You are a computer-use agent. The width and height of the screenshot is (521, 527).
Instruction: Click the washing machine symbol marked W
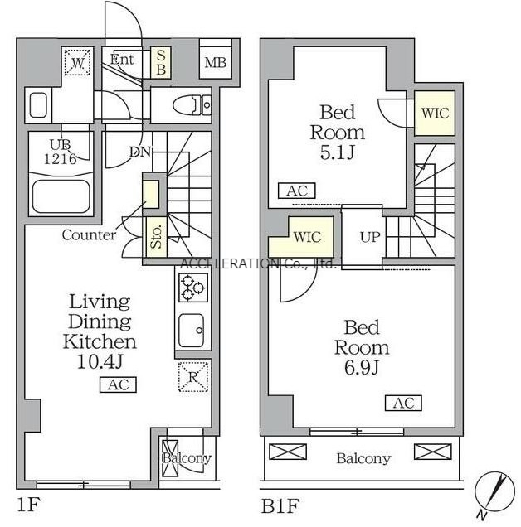78,62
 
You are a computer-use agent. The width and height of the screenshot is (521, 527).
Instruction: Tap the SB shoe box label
161,62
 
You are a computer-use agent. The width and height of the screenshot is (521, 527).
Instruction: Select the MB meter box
216,62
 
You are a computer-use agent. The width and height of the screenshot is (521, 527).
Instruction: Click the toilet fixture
192,105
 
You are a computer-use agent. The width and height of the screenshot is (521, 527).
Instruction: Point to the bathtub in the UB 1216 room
61,196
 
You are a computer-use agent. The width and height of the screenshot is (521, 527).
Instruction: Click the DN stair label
140,152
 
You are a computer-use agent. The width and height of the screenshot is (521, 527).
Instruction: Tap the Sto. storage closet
156,237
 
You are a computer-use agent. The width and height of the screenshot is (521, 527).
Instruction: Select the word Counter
89,234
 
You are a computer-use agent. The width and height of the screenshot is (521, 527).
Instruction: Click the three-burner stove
192,288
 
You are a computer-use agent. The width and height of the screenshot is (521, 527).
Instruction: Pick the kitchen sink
192,331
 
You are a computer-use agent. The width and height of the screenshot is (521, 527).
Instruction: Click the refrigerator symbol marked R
192,377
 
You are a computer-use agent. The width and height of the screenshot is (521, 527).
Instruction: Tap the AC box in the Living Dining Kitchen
118,384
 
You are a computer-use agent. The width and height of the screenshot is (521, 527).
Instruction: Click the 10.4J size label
100,361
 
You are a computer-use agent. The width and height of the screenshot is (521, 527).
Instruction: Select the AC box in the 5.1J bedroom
297,191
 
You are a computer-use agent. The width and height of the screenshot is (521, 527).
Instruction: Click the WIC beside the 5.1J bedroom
435,113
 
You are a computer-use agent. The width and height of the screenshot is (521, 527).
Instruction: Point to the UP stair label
370,237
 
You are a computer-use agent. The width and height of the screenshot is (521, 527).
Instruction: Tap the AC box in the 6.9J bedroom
403,403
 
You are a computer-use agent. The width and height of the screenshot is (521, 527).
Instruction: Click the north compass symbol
494,493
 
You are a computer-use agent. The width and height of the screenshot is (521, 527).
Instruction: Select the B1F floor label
280,505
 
